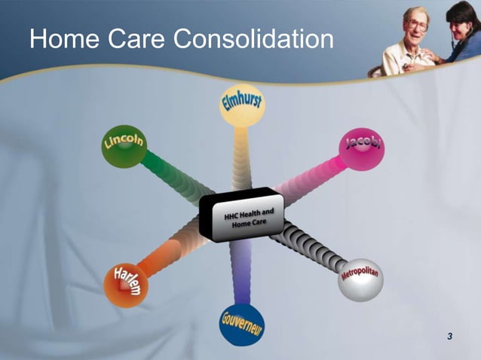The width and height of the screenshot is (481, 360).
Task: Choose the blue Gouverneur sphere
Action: click(242, 323)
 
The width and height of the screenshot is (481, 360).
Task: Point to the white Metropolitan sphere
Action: click(360, 279)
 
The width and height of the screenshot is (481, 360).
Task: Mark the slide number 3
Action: click(449, 335)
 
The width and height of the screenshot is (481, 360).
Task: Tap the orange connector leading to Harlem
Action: click(173, 253)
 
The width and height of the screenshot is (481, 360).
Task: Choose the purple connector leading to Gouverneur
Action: click(241, 271)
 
